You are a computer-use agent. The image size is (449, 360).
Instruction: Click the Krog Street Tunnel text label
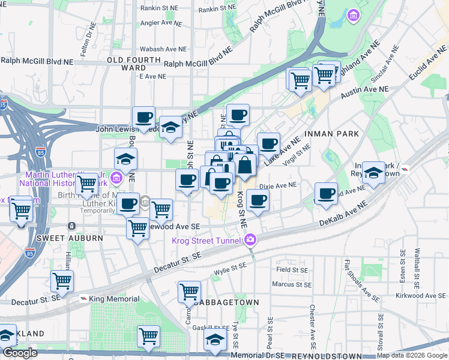pos(206,241)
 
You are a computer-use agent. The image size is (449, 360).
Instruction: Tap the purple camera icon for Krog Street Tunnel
pos(250,240)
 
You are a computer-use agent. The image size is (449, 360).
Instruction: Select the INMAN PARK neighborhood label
pos(331,133)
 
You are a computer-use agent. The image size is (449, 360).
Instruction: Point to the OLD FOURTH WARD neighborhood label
pos(134,64)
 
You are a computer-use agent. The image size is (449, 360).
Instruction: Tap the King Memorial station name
pos(114,299)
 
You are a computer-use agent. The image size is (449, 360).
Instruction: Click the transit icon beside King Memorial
pos(83,299)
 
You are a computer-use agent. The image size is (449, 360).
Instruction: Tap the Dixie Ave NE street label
pos(278,186)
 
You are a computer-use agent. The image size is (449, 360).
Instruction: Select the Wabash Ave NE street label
pos(160,49)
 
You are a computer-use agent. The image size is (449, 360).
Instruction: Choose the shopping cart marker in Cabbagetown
pos(189,292)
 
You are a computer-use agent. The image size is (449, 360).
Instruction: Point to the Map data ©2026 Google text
pos(412,356)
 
